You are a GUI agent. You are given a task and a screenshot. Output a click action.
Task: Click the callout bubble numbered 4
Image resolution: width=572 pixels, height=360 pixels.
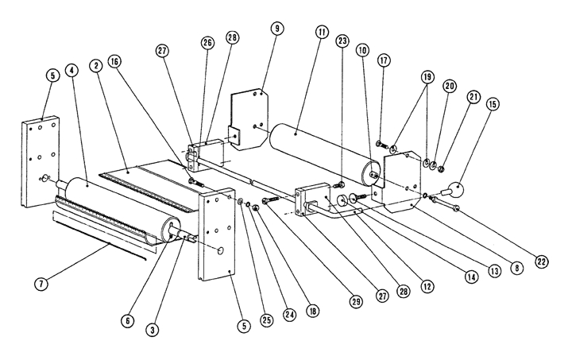pos(72,71)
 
